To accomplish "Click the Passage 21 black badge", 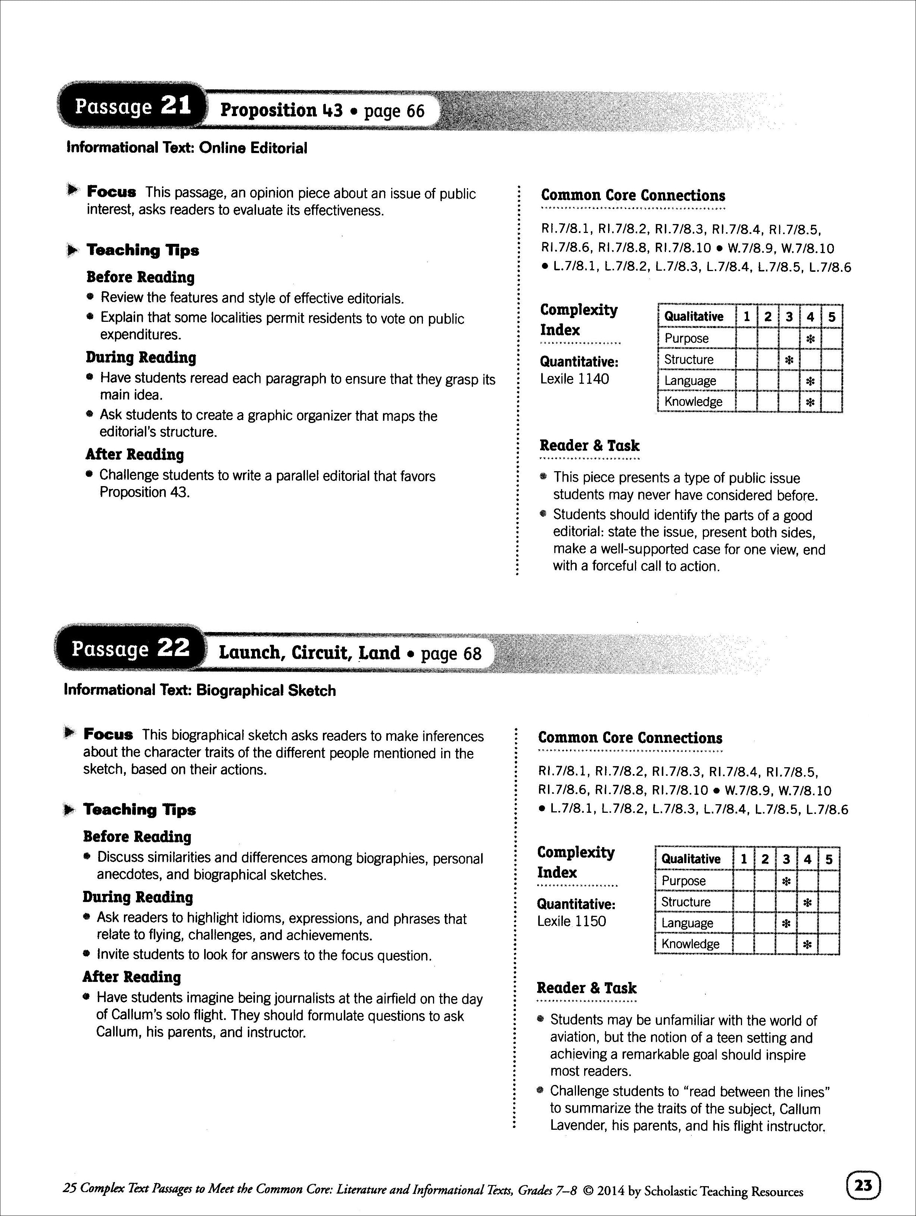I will coord(132,106).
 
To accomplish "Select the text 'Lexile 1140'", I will coord(574,379).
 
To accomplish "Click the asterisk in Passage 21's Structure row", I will coord(789,360).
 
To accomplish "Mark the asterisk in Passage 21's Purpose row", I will coord(810,339).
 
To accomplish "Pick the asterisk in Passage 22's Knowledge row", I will coord(807,945).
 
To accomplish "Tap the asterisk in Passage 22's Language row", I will coord(786,924).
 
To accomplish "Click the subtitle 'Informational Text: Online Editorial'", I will coord(187,148).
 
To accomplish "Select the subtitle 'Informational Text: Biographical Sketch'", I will coord(199,690).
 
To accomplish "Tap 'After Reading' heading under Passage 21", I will coord(135,455).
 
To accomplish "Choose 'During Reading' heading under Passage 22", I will coord(138,897).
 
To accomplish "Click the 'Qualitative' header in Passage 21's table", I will coord(694,317).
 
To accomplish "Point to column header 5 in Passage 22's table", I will coord(829,859).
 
